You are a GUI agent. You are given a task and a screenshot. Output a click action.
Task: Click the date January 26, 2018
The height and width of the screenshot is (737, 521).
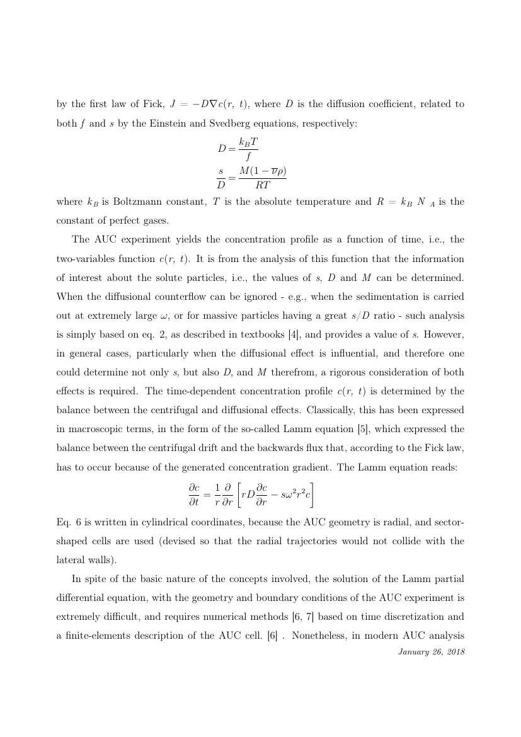point(432,652)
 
